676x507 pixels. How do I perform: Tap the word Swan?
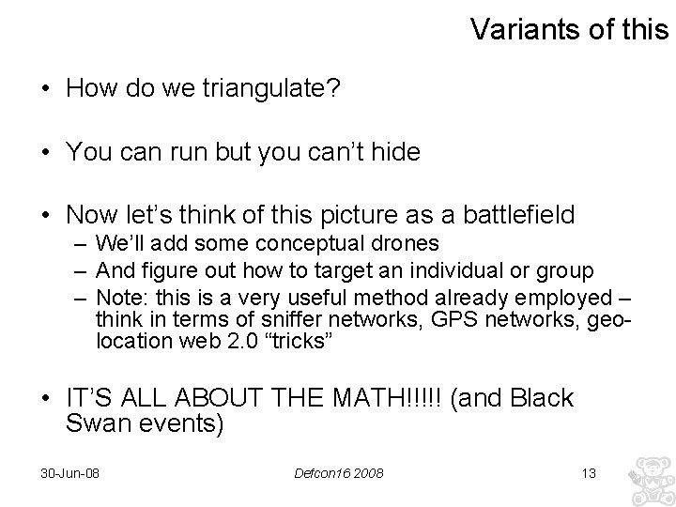(95, 424)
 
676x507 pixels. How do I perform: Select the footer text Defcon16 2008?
(338, 472)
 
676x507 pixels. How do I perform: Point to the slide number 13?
(589, 472)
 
